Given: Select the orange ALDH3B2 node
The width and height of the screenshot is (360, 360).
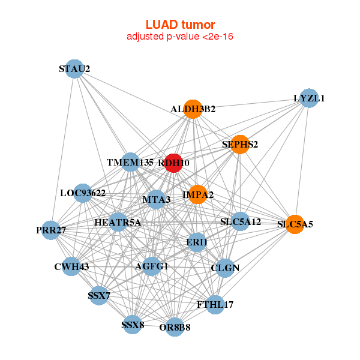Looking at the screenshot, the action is point(193,109).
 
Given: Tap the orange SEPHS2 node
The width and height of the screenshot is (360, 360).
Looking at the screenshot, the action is point(239,144).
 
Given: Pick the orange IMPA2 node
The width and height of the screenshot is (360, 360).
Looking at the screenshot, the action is point(197,194).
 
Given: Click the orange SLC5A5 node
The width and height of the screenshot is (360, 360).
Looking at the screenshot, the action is point(295,224).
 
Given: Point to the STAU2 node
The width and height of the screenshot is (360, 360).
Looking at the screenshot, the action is point(74,68).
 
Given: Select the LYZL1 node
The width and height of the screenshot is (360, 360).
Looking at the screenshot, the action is point(308,98).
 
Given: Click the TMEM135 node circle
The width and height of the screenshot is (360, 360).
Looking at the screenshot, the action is point(130,162).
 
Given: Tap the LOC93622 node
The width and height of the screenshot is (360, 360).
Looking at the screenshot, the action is point(83,193).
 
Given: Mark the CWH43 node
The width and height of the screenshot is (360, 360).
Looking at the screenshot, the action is point(71,266).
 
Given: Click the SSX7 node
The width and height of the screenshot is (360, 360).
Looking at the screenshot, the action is point(98,295).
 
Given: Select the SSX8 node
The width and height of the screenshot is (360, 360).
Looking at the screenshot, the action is point(133,325).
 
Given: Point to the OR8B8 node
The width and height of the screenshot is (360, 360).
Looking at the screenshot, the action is point(175,327).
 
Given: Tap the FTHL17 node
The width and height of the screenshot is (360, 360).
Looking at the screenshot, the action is point(215,304).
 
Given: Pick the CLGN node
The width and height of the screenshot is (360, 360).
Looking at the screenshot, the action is point(225,268).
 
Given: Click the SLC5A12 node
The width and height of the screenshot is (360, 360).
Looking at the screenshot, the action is point(240,221).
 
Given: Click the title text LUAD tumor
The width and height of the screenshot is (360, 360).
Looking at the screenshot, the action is point(180,25).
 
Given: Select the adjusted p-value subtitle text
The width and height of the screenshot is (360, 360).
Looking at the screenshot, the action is point(180,37).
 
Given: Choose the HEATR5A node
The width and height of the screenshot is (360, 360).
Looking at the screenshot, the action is point(118,223).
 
